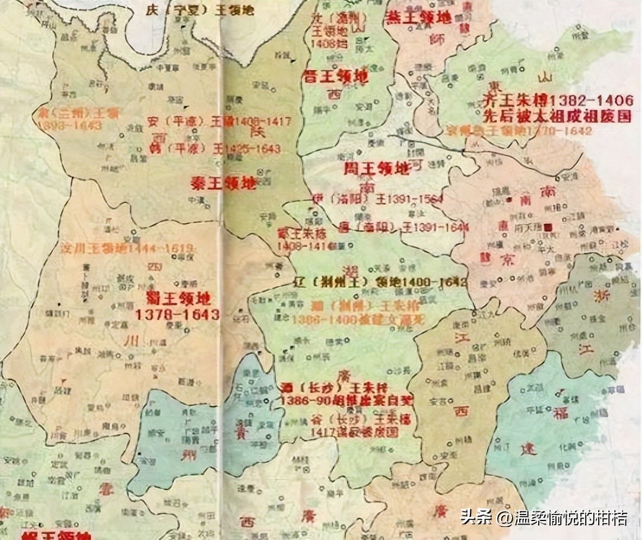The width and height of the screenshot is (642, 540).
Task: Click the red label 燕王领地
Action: click(x=418, y=17)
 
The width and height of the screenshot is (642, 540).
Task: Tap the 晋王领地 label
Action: click(x=335, y=76)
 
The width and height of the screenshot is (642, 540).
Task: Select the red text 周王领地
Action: click(x=377, y=169)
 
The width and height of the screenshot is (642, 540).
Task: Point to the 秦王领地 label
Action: click(x=224, y=183)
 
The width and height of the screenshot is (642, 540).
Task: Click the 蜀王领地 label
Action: click(x=177, y=298)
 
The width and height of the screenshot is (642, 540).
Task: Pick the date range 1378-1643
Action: click(x=177, y=315)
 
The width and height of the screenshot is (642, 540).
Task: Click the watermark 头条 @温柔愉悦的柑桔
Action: click(x=544, y=517)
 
